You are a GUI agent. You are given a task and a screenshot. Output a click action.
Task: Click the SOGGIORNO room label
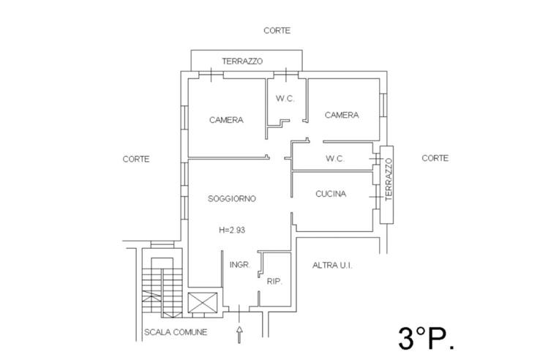pos(231,198)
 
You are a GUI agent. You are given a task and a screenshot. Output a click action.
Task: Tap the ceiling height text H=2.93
pos(231,230)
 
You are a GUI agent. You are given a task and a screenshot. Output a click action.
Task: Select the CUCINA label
pos(331,194)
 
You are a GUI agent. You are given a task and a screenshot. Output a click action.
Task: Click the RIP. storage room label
pos(274,281)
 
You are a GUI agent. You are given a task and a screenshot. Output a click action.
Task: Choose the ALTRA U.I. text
pos(333,265)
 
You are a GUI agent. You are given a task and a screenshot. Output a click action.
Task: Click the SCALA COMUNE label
pos(176,332)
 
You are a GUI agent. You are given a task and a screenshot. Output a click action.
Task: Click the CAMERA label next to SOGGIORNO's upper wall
pos(226,120)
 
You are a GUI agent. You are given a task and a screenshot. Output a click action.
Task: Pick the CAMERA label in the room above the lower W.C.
pos(342,115)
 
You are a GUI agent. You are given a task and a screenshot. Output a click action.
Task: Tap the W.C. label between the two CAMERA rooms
pos(285,99)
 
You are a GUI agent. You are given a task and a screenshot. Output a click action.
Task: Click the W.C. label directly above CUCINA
pos(334,159)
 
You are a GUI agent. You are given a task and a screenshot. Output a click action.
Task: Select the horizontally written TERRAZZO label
pos(242,61)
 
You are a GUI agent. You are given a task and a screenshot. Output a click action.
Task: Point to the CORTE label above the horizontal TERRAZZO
pos(277,31)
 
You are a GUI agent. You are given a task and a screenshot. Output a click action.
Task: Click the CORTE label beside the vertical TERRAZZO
pos(435,158)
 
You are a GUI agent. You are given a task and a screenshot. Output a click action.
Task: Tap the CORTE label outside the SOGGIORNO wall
pos(136,159)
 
